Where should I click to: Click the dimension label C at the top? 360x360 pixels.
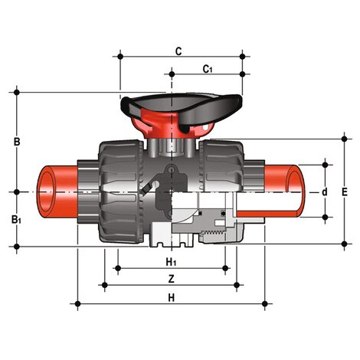(x=178, y=51)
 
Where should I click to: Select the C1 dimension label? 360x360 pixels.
(x=207, y=69)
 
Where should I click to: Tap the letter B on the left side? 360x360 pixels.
(x=17, y=142)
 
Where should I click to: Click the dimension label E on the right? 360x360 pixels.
(x=345, y=191)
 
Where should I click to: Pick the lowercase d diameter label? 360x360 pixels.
(x=326, y=191)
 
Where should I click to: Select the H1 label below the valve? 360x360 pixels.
(x=171, y=262)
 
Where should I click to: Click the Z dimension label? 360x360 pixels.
(x=171, y=279)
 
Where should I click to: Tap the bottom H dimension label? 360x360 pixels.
(x=171, y=296)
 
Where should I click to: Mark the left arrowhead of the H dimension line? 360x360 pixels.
(x=80, y=304)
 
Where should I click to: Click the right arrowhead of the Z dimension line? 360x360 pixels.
(x=237, y=286)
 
